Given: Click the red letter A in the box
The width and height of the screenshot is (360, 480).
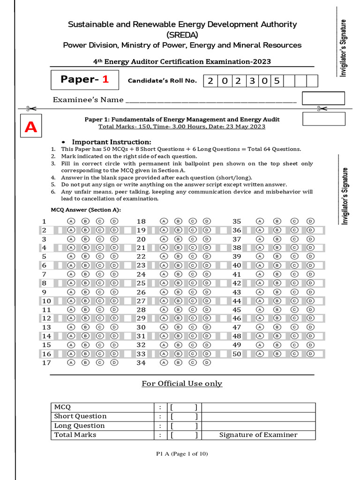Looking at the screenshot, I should click(x=31, y=127).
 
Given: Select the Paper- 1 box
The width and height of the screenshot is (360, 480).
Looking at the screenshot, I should click(x=85, y=80).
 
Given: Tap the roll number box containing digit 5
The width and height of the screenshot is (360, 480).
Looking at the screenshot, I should click(x=277, y=81).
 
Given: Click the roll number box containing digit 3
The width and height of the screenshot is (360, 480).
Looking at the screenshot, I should click(x=252, y=81).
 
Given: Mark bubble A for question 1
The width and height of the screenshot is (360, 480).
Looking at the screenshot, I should click(x=71, y=221).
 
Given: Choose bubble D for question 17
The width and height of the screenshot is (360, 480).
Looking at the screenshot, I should click(x=114, y=362).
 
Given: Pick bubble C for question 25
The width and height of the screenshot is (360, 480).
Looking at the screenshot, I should click(x=192, y=283).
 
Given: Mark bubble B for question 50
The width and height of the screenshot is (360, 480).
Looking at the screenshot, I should click(x=277, y=354).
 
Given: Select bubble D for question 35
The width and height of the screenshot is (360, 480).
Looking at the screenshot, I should click(x=310, y=221).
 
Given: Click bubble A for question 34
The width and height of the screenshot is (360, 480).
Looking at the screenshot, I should click(x=164, y=362).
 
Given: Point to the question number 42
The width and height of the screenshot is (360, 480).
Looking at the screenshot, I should click(x=237, y=283).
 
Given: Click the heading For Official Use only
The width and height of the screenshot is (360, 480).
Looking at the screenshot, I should click(x=182, y=383).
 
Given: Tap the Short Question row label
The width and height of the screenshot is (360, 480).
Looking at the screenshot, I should click(x=80, y=416).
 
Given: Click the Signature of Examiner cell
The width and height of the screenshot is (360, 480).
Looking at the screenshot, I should click(x=258, y=435).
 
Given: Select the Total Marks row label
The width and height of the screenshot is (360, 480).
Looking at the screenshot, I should click(x=75, y=435).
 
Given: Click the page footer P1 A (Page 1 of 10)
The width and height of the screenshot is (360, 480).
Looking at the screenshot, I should click(x=182, y=454).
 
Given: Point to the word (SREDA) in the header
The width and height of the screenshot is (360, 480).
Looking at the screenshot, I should click(x=182, y=35).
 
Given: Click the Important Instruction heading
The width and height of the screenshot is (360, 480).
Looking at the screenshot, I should click(x=111, y=142).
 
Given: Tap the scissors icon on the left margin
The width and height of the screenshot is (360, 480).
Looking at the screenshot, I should click(x=28, y=109).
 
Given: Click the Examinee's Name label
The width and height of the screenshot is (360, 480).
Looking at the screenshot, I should click(x=88, y=100).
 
